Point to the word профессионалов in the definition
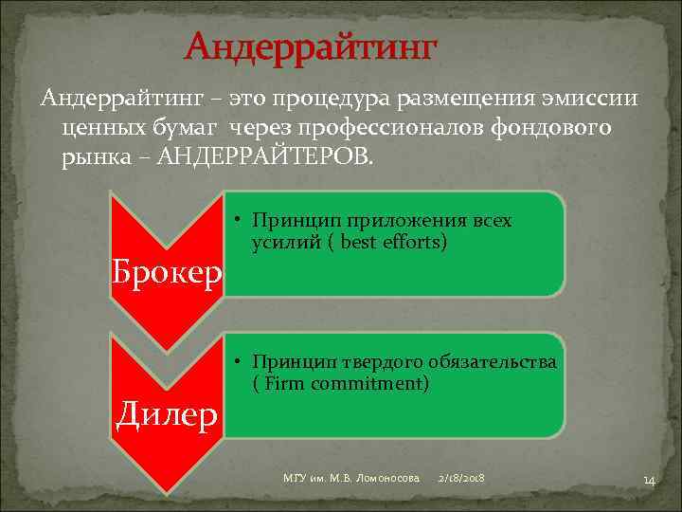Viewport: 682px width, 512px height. (389, 127)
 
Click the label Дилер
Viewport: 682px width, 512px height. (168, 414)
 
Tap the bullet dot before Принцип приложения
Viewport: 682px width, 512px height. (242, 221)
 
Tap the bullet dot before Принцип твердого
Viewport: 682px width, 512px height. (242, 363)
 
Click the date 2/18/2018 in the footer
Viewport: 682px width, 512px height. (462, 480)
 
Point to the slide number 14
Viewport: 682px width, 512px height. (649, 482)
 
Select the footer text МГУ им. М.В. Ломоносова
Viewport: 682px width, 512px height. (351, 480)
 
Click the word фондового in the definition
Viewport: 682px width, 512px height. (557, 127)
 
